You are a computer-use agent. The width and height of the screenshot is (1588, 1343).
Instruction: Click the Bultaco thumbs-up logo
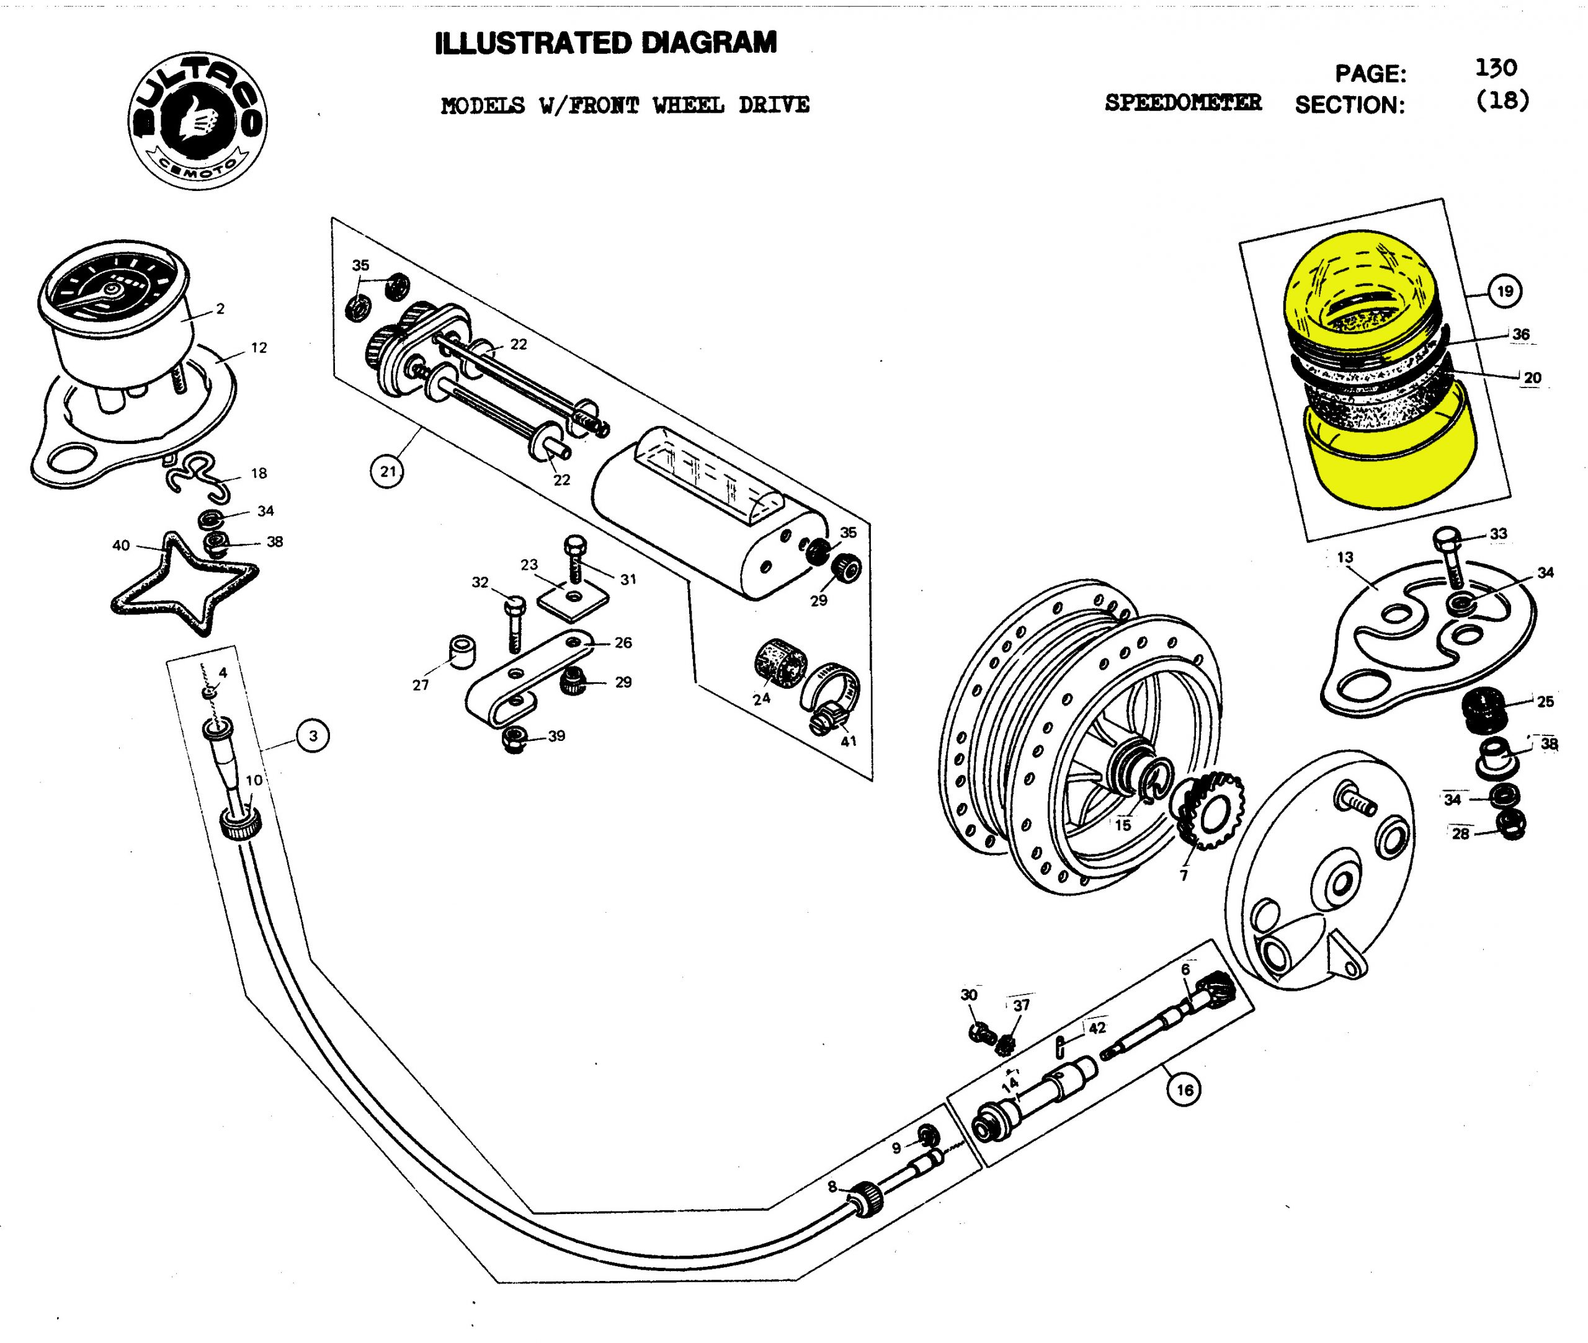(x=197, y=120)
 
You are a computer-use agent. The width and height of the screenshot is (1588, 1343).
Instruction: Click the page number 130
(x=1495, y=69)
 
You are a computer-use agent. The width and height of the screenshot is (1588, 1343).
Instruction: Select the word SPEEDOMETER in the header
(x=1182, y=103)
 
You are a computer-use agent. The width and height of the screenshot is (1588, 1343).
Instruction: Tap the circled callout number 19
(x=1505, y=291)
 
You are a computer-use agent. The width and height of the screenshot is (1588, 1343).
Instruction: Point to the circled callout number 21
(x=388, y=471)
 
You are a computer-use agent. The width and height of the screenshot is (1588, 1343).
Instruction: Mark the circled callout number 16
(x=1184, y=1089)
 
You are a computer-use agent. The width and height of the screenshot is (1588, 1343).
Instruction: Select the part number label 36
(x=1521, y=334)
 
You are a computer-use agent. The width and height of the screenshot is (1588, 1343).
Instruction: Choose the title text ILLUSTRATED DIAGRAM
(x=605, y=43)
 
